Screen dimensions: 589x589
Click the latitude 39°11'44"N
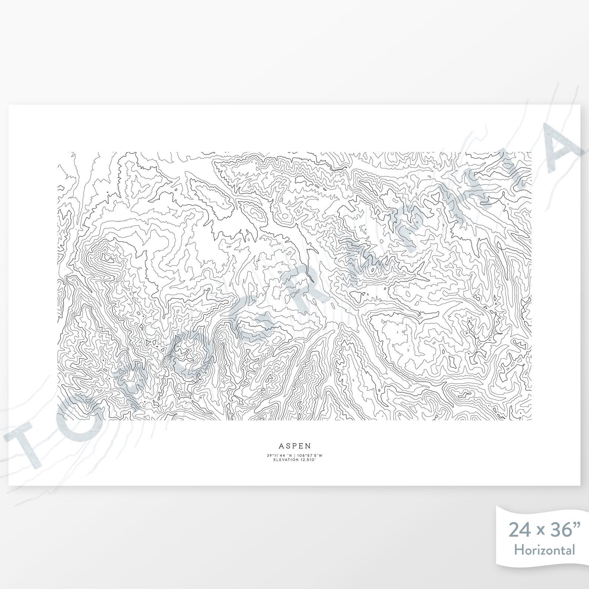[x=279, y=455]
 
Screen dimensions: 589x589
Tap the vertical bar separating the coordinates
[x=294, y=455]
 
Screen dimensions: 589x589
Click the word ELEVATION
[x=286, y=460]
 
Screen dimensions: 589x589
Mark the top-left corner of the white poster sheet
[x=9, y=105]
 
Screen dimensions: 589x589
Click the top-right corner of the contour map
[x=531, y=152]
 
